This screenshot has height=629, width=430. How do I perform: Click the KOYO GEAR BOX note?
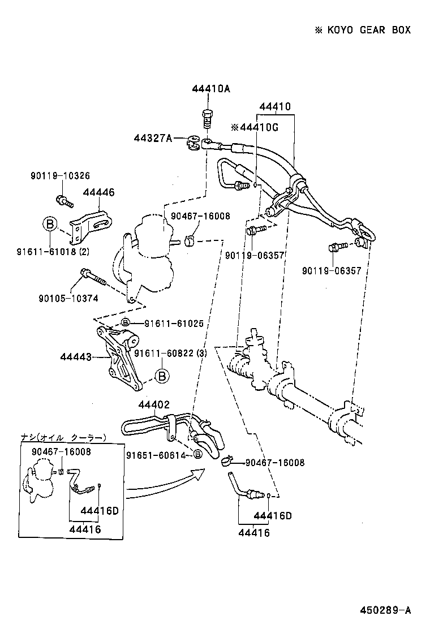tap(363, 30)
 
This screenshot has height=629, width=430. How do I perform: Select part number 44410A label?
tap(211, 89)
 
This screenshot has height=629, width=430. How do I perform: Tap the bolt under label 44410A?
tap(207, 119)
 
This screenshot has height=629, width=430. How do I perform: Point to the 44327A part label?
tap(153, 138)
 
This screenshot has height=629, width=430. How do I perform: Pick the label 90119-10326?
tap(60, 176)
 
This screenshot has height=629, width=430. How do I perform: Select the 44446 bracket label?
tap(98, 193)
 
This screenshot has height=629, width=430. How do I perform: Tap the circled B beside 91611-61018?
tap(49, 225)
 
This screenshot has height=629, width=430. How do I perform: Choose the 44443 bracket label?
tap(76, 357)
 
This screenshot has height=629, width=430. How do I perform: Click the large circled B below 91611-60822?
tap(161, 375)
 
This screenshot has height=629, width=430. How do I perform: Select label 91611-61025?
tap(173, 324)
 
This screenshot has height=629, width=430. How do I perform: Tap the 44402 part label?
tap(154, 404)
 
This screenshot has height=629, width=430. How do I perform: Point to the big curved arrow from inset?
tap(164, 486)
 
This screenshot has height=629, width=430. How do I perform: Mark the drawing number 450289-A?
tap(385, 610)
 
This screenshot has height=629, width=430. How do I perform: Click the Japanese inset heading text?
tap(63, 438)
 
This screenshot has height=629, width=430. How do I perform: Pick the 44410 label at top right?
tap(275, 107)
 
